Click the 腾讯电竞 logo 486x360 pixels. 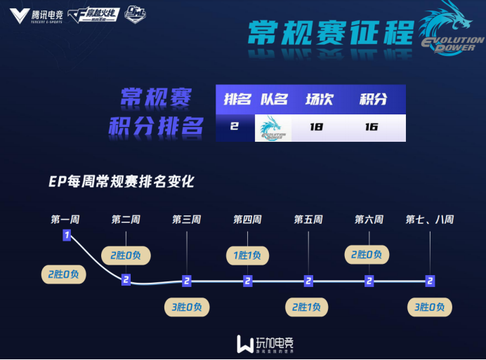(37, 15)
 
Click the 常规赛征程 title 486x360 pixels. (329, 33)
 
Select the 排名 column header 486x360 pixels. (237, 99)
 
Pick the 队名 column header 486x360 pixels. (274, 99)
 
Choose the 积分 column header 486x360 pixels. (373, 99)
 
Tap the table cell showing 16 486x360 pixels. (372, 127)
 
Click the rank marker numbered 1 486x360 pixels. (67, 235)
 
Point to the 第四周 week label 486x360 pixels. (247, 220)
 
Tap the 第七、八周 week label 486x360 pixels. (429, 220)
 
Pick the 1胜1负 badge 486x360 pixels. (247, 255)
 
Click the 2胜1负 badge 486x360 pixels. (308, 307)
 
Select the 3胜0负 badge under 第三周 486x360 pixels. (186, 307)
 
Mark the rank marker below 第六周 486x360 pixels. (369, 281)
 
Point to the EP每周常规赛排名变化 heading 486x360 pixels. (121, 182)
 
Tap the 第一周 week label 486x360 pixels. (65, 220)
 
